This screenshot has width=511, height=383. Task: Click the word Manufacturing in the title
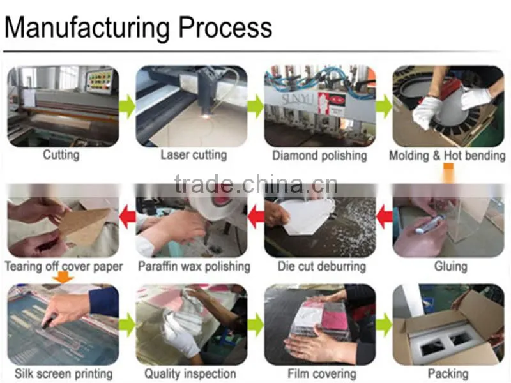tap(87, 27)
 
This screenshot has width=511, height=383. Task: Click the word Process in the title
tap(225, 28)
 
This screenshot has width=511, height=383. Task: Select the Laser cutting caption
tap(194, 154)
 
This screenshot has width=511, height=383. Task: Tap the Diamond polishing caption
tap(320, 155)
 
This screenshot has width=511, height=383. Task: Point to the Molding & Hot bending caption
tap(447, 155)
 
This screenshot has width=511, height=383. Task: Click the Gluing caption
tap(451, 266)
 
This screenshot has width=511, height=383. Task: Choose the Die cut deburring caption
tap(322, 266)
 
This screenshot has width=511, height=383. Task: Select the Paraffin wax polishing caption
tap(194, 266)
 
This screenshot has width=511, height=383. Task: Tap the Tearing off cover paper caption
tap(63, 266)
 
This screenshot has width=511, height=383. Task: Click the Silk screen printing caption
tap(63, 373)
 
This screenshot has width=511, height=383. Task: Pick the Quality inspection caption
tap(190, 373)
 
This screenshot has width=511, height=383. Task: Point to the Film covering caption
tap(322, 373)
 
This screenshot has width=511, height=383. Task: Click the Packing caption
tap(448, 373)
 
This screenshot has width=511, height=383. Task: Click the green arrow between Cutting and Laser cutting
tap(127, 106)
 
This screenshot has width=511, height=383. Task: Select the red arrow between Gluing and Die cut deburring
tap(385, 216)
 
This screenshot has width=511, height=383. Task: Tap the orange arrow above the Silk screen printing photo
tap(63, 277)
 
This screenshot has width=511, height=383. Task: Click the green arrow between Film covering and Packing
tap(385, 325)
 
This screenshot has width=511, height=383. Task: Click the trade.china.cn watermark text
tap(256, 184)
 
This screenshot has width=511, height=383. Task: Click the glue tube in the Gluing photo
tap(427, 225)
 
